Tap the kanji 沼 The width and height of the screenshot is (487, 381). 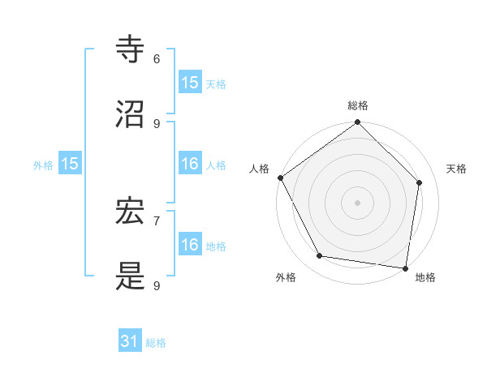pyautogui.click(x=131, y=114)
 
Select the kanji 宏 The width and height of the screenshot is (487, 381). pyautogui.click(x=131, y=212)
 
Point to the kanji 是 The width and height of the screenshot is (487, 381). pyautogui.click(x=131, y=276)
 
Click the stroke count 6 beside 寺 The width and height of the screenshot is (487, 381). pyautogui.click(x=157, y=59)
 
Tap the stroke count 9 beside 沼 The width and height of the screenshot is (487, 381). pyautogui.click(x=157, y=123)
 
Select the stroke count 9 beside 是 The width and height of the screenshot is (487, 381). pyautogui.click(x=157, y=285)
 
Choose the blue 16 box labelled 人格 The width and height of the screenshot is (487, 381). pyautogui.click(x=190, y=164)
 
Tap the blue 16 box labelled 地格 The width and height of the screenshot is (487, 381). pyautogui.click(x=190, y=245)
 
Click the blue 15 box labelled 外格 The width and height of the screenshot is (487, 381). pyautogui.click(x=70, y=164)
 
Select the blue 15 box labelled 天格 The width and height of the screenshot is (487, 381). pyautogui.click(x=190, y=83)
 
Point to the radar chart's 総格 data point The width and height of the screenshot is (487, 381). pyautogui.click(x=358, y=122)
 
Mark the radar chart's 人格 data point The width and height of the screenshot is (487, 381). pyautogui.click(x=281, y=178)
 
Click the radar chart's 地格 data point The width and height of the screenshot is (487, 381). pyautogui.click(x=406, y=268)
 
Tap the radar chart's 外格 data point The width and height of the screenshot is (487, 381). pyautogui.click(x=320, y=256)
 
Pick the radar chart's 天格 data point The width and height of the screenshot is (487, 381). pyautogui.click(x=420, y=182)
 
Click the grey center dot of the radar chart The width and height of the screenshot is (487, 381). pyautogui.click(x=358, y=203)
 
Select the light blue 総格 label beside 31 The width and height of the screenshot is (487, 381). pyautogui.click(x=156, y=343)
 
